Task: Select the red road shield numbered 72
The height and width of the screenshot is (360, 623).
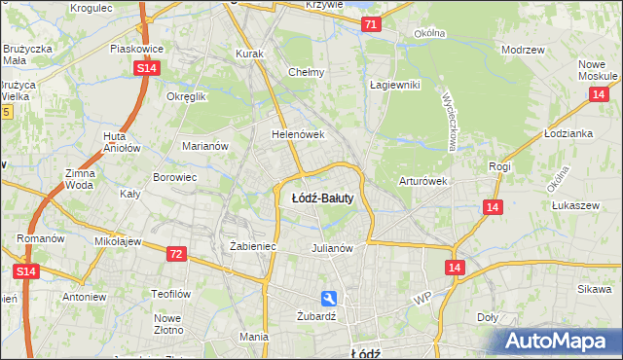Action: coord(175,254)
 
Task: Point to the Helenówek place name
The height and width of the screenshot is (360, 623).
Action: coord(297,134)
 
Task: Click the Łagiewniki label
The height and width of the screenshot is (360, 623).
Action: coord(394,85)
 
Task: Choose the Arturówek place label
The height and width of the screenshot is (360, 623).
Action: coord(422,181)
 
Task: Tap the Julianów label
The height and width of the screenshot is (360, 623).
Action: coord(331,247)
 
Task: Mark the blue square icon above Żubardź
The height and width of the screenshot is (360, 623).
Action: coord(330,299)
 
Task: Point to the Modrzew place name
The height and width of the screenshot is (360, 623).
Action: coord(521,49)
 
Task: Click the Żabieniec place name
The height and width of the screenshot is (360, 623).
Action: coord(253,247)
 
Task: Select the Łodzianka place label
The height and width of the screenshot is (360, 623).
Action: coord(569,133)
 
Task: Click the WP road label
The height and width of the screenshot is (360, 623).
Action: coord(421,297)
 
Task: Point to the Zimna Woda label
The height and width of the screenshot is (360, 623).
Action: coord(80,178)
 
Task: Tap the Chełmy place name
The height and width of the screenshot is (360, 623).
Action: coord(306,72)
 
